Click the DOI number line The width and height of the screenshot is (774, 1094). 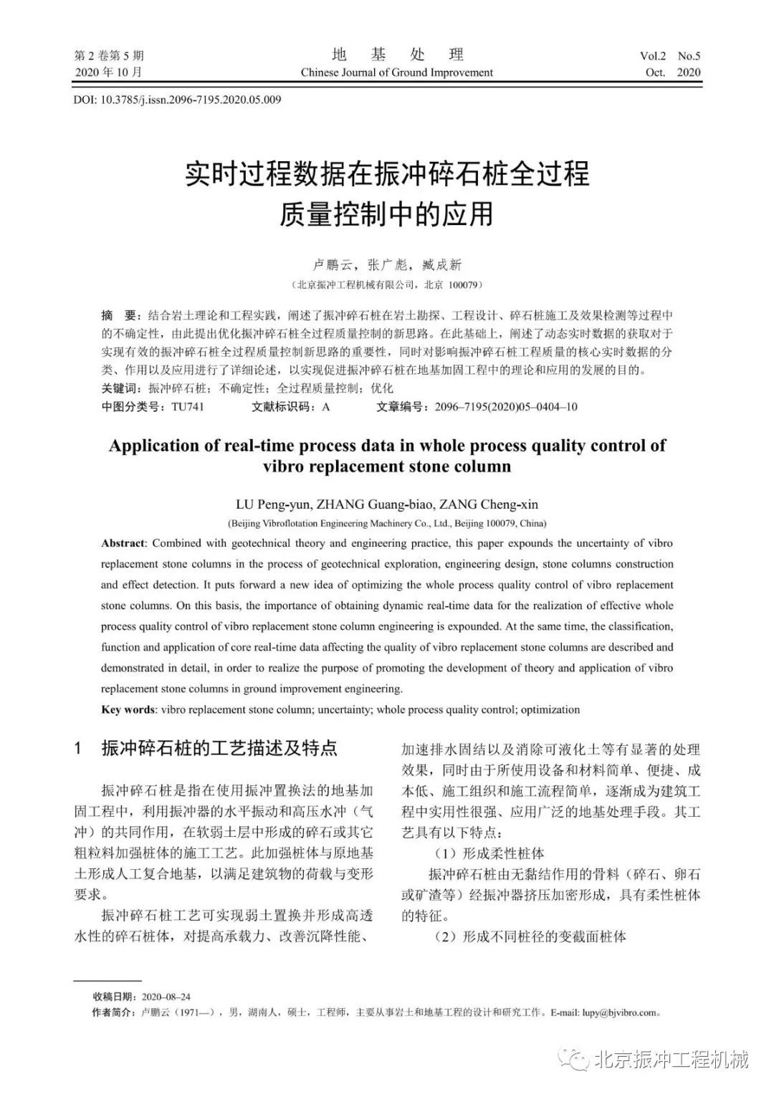point(177,100)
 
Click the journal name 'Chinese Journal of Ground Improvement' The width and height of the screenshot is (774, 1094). point(396,72)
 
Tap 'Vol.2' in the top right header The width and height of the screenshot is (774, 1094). point(653,56)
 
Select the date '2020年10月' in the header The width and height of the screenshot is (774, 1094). point(108,72)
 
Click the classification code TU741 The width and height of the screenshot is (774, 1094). point(187,407)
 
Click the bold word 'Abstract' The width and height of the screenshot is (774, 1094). point(123,543)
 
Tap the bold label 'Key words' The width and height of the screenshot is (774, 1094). point(128,709)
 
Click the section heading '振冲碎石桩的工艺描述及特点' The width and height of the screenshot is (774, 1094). point(219,749)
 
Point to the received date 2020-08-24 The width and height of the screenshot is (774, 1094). point(166,997)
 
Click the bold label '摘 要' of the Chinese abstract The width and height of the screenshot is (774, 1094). point(118,316)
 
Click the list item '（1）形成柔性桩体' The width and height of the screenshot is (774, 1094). point(489,853)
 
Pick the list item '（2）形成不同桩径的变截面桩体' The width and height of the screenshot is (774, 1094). point(530,936)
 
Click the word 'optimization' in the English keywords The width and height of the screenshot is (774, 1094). point(550,709)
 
